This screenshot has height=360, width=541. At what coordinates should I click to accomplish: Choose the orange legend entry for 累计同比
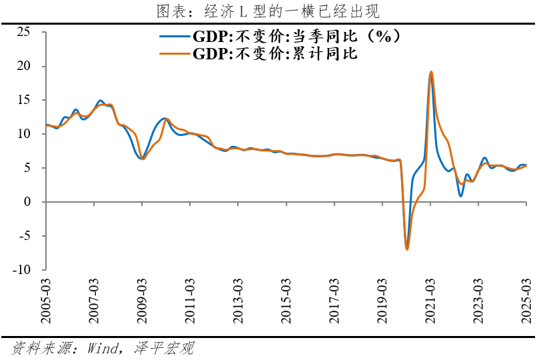pyautogui.click(x=263, y=53)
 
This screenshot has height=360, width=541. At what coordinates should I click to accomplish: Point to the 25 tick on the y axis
pyautogui.click(x=23, y=32)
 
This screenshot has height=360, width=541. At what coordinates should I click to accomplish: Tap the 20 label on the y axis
pyautogui.click(x=23, y=66)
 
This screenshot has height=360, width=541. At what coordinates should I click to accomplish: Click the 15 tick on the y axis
pyautogui.click(x=23, y=100)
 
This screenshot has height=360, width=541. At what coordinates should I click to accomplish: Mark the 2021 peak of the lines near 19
pyautogui.click(x=431, y=72)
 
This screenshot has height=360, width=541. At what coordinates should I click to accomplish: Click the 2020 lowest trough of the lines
pyautogui.click(x=407, y=248)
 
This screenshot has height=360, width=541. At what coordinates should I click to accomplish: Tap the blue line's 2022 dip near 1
pyautogui.click(x=460, y=195)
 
